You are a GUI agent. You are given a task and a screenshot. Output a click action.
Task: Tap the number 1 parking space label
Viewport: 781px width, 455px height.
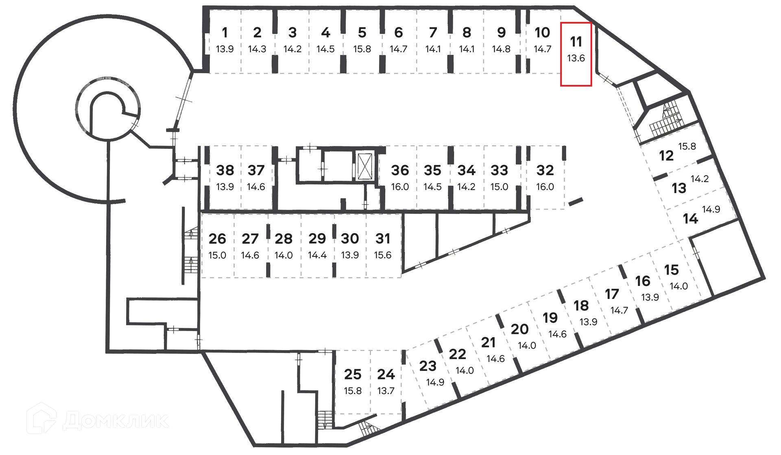(225, 32)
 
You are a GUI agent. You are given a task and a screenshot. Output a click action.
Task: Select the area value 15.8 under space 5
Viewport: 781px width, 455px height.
(362, 49)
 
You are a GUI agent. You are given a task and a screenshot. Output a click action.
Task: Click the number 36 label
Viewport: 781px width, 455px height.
(400, 170)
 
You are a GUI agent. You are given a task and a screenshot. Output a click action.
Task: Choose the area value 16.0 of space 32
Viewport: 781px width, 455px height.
(545, 187)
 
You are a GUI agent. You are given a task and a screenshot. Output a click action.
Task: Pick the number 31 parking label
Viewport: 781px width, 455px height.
(382, 239)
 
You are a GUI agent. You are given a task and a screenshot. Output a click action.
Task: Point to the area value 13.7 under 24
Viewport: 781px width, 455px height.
(386, 391)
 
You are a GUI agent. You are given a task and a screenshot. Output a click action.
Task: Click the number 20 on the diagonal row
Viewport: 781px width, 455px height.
(519, 329)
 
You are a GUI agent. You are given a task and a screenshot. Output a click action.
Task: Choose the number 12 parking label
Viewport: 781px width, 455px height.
(666, 156)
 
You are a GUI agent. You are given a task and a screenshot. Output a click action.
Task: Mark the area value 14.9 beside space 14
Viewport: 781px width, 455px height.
(711, 209)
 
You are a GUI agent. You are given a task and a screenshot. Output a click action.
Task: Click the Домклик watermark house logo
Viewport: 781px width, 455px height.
(41, 418)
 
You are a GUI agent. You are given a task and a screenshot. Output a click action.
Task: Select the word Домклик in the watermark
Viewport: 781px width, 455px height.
(116, 420)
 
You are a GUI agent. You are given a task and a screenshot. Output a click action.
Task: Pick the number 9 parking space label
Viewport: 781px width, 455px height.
(501, 32)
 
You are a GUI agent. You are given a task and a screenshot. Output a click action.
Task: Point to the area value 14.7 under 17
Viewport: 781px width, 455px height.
(619, 310)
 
